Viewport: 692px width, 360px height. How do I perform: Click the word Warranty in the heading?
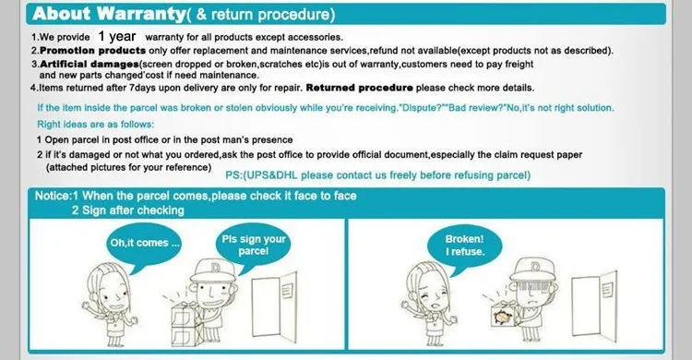141,14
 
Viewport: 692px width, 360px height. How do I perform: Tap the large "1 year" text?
117,36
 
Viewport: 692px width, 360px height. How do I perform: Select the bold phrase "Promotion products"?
92,51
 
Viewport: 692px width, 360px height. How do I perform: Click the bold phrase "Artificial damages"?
89,64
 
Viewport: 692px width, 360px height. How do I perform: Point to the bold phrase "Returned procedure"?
359,88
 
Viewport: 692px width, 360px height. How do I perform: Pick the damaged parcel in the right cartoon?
505,315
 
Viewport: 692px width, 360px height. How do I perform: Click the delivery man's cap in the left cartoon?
214,270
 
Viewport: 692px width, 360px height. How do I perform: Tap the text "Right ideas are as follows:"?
96,124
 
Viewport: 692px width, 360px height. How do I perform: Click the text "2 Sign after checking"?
128,210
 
